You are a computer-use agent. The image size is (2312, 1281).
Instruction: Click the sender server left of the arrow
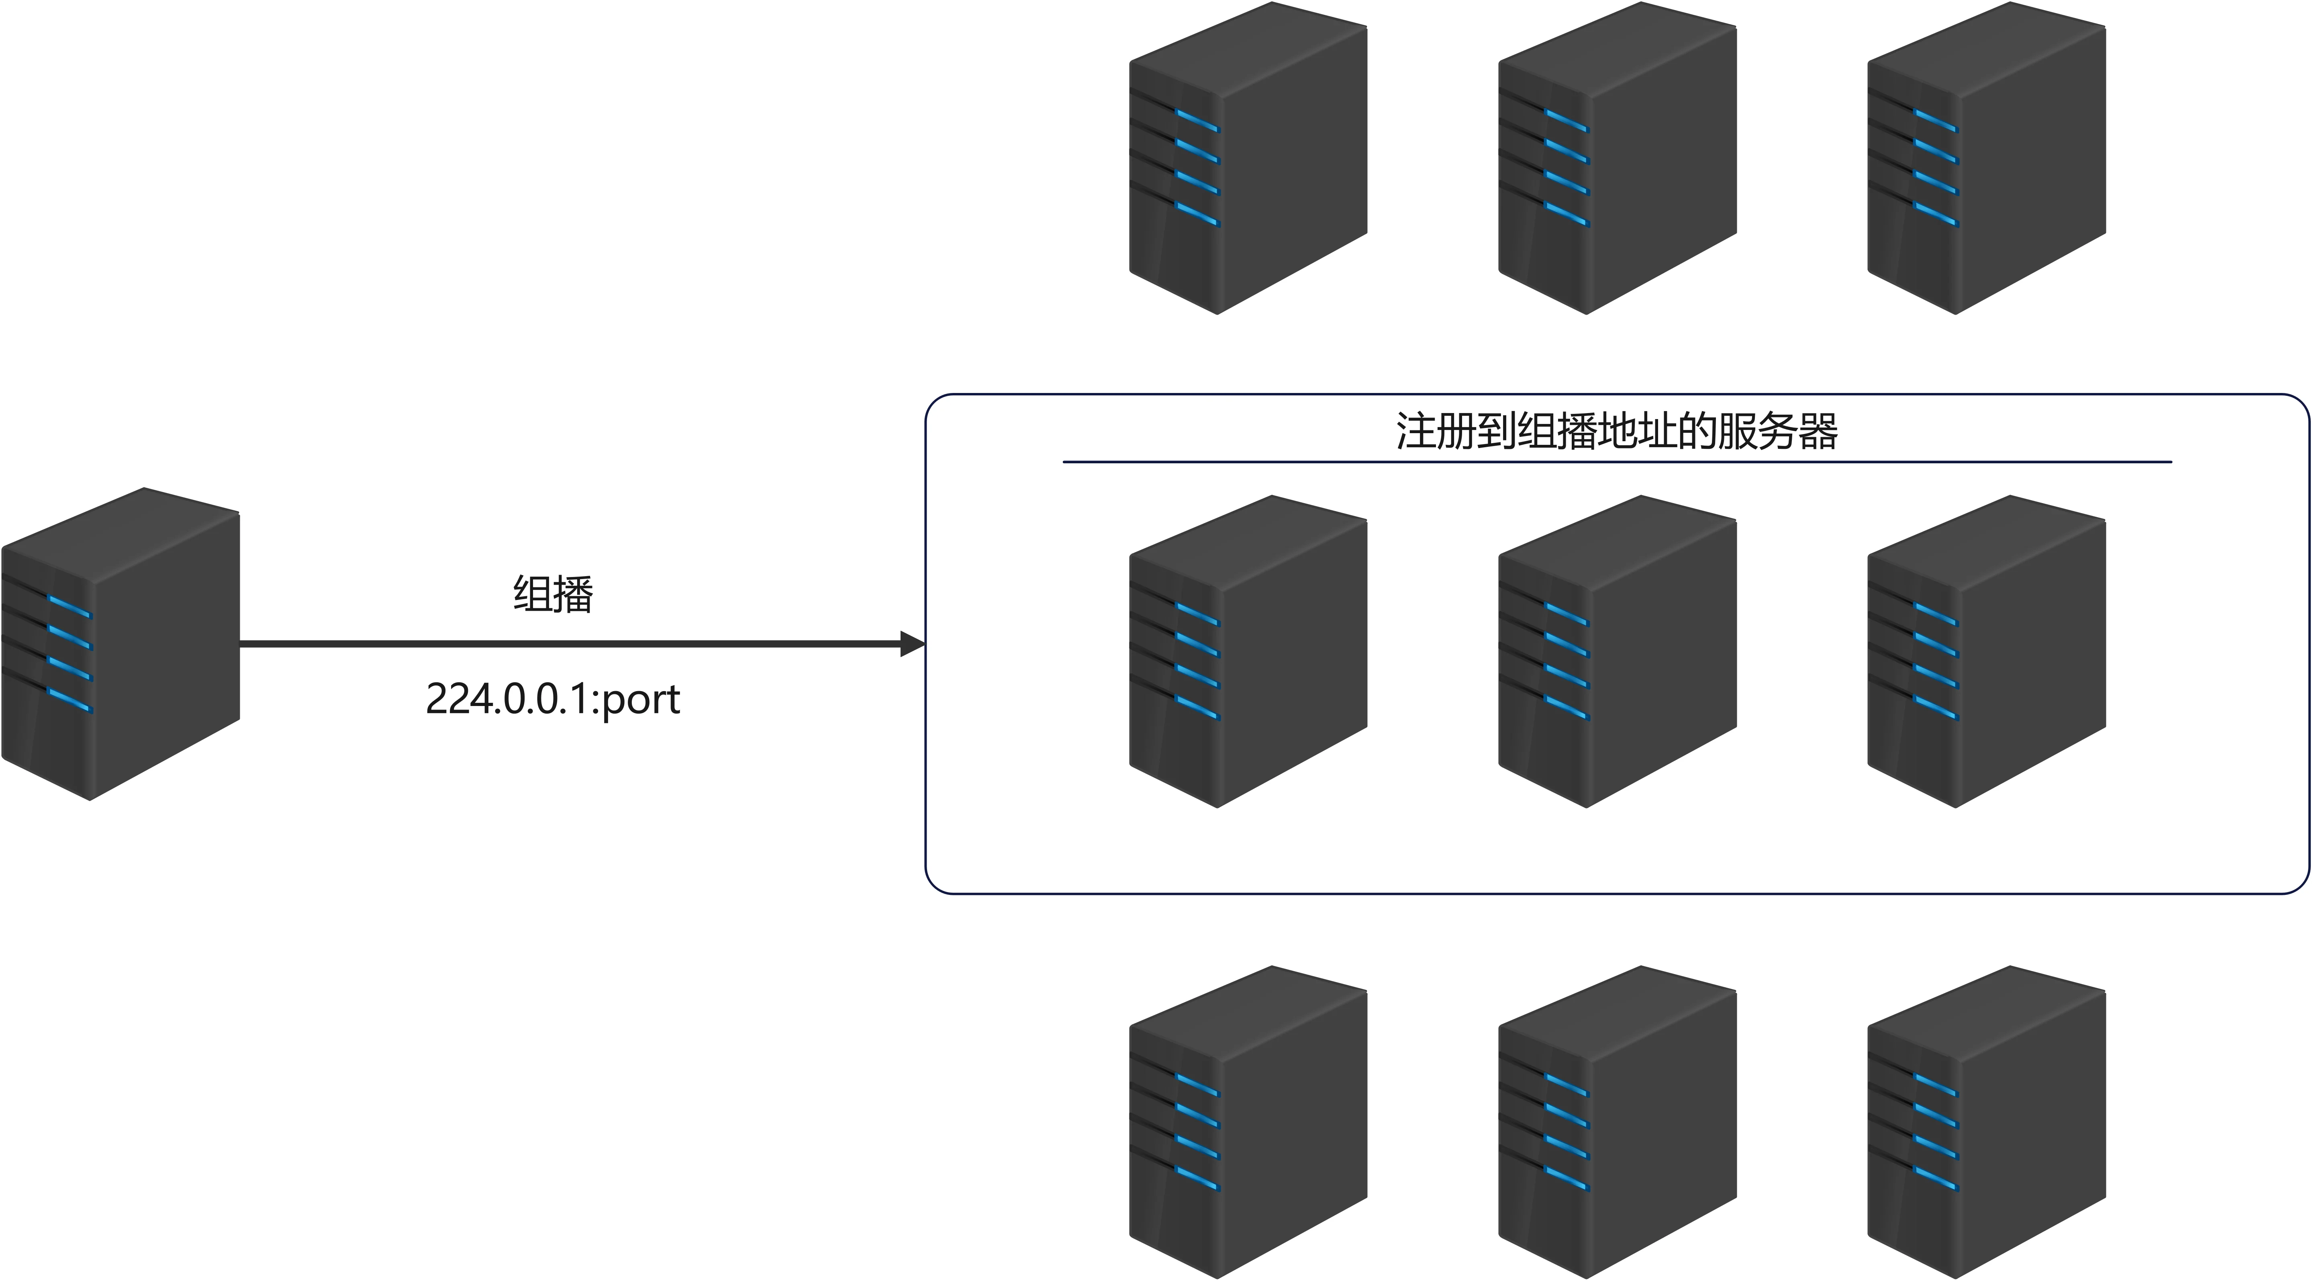[x=120, y=644]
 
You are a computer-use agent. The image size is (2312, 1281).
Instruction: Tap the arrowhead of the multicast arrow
[x=912, y=644]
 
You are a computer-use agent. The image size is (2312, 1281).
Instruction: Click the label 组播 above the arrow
[x=553, y=594]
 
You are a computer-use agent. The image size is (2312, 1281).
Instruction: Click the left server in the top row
[x=1248, y=158]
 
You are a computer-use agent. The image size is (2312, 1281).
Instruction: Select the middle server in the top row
[x=1618, y=158]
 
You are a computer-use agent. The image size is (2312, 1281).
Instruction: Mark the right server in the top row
[x=1986, y=158]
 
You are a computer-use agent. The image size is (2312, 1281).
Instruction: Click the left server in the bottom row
[x=1248, y=1122]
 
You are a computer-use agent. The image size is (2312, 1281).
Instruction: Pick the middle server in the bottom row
[x=1618, y=1122]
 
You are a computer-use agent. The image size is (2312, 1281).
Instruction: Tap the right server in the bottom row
[x=1986, y=1122]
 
